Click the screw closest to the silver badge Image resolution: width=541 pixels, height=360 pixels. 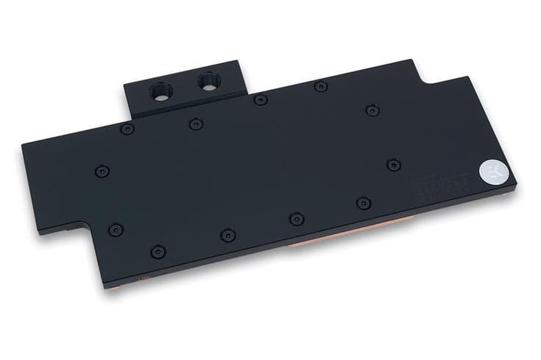[392, 163]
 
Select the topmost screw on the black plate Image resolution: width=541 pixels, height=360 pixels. [319, 87]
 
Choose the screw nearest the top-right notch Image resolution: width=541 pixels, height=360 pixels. [371, 110]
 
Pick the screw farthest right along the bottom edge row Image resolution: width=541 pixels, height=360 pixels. [361, 201]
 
